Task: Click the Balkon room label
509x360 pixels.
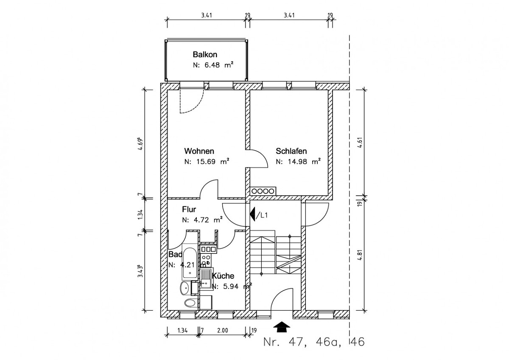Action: pyautogui.click(x=205, y=55)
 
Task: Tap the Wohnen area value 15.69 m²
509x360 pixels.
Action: pyautogui.click(x=207, y=162)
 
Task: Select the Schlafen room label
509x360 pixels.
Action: pyautogui.click(x=291, y=151)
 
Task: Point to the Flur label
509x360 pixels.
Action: pyautogui.click(x=189, y=209)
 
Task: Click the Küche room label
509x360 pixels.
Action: pyautogui.click(x=223, y=276)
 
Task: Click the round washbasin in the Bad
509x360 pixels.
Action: pyautogui.click(x=185, y=288)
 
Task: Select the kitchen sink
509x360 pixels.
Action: pyautogui.click(x=206, y=278)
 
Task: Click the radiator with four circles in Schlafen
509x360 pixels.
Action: pyautogui.click(x=263, y=191)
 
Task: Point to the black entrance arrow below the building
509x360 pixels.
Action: pyautogui.click(x=282, y=327)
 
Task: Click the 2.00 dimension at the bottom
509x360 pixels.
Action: pyautogui.click(x=222, y=330)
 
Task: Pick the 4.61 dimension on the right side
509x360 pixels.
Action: pyautogui.click(x=359, y=143)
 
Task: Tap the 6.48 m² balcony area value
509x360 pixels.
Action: pyautogui.click(x=213, y=65)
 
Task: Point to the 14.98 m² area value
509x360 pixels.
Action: pyautogui.click(x=298, y=162)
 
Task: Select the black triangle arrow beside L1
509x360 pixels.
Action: pyautogui.click(x=252, y=214)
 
